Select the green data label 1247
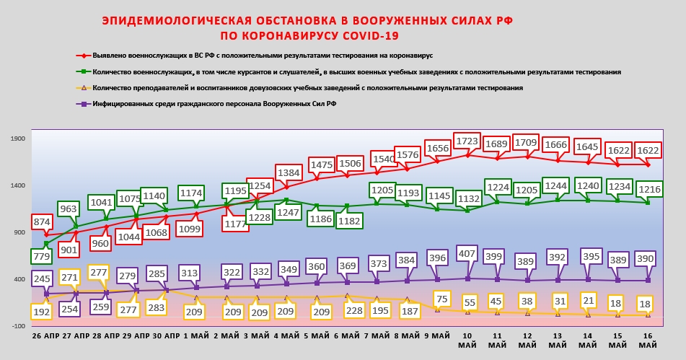point(289,213)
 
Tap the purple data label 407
point(467,254)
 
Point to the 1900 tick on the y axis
point(17,139)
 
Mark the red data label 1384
point(289,173)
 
